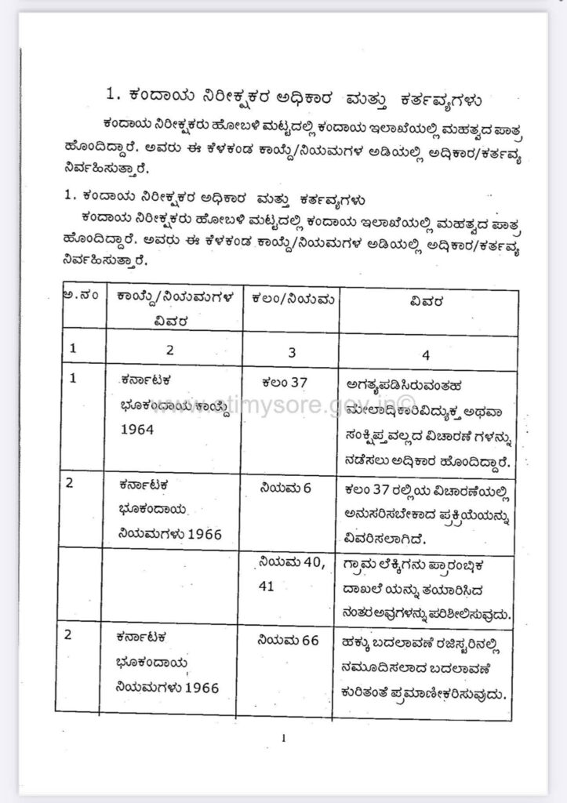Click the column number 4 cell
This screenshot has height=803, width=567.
[426, 354]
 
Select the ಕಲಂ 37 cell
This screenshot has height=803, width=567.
[286, 383]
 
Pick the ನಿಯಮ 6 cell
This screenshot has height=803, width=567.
[285, 488]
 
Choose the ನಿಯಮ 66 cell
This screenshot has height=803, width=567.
[288, 641]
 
